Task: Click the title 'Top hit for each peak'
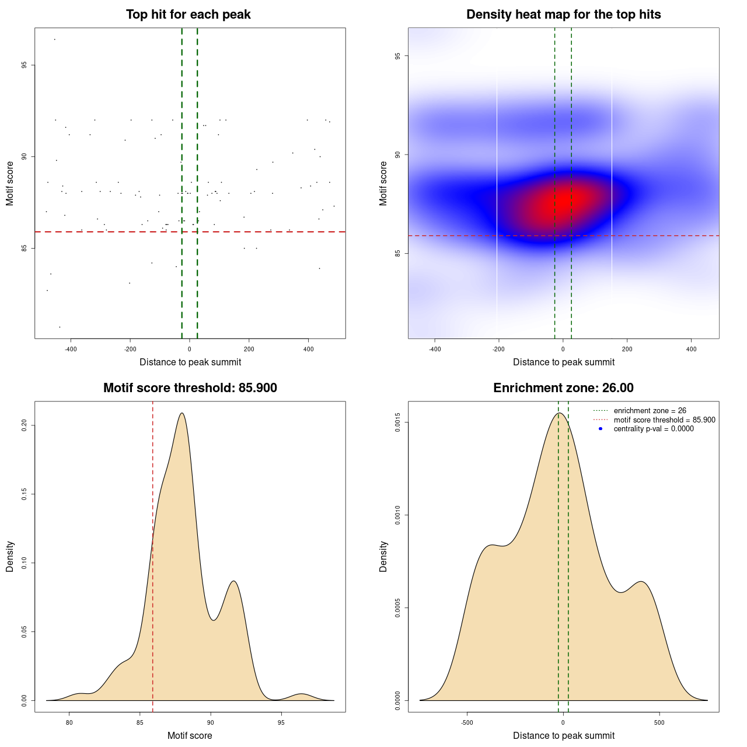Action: pos(188,15)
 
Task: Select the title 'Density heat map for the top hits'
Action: pos(563,15)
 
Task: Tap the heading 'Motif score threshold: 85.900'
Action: pos(190,388)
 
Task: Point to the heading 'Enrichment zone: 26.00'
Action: pos(563,388)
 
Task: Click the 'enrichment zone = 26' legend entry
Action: pos(650,411)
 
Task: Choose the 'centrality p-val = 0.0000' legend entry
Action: pos(654,429)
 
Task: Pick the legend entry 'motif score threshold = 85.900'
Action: pos(664,420)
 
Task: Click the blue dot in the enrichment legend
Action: pos(601,429)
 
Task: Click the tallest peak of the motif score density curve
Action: pos(183,413)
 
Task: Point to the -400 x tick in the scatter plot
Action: pos(71,350)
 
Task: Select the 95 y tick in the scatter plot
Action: pos(24,65)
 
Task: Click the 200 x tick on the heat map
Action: pos(627,350)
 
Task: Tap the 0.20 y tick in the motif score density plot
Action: pos(24,425)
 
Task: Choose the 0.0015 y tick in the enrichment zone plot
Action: pos(397,423)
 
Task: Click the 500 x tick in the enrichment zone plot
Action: pos(659,723)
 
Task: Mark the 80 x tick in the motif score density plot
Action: pos(69,723)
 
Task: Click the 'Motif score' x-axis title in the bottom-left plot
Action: pos(190,736)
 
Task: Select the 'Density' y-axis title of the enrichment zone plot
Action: pos(383,556)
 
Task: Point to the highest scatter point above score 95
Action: pos(54,39)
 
